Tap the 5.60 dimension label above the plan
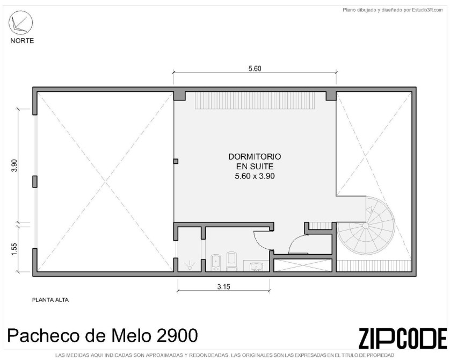255,69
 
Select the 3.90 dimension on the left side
14,165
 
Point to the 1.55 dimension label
14,249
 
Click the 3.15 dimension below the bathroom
223,286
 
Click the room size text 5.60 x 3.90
255,176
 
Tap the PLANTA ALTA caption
50,300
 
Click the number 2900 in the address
177,335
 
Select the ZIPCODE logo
402,338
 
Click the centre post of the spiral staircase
366,226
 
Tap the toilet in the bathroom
231,261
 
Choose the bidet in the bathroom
215,263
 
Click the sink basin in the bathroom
256,267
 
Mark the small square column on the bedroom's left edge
176,161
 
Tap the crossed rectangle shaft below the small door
303,265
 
